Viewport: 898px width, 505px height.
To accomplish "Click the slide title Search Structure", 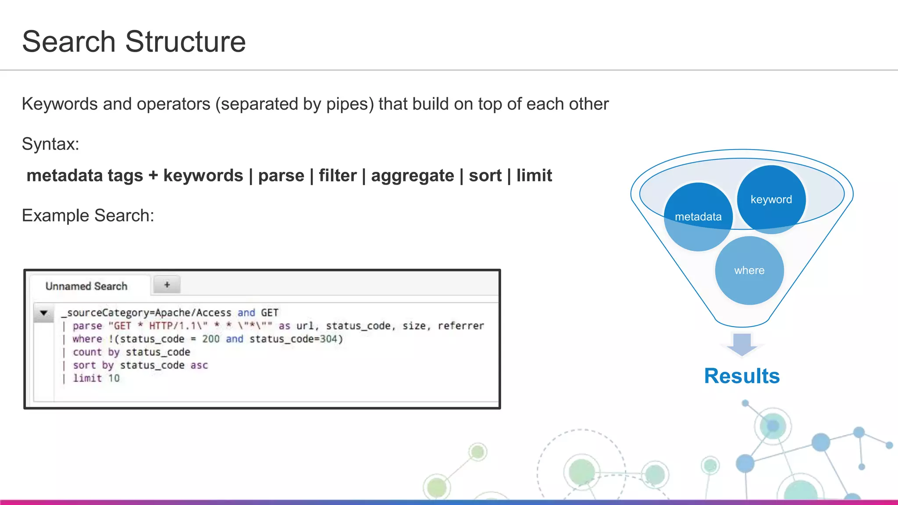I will click(x=134, y=42).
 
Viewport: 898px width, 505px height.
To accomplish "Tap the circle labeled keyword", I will click(x=771, y=199).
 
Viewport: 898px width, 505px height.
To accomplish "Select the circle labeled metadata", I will click(x=698, y=217).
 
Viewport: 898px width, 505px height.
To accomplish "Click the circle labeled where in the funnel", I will click(x=749, y=270).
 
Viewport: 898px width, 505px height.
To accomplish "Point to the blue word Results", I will click(x=742, y=376).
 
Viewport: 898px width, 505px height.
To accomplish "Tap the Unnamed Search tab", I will click(x=86, y=286).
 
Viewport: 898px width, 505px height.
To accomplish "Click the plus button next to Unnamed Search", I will click(x=167, y=285).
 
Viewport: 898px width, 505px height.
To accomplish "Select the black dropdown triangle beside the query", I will click(x=44, y=313).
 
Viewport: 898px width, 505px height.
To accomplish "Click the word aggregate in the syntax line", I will click(x=413, y=175).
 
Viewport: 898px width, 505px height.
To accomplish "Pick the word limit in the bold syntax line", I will click(x=534, y=175).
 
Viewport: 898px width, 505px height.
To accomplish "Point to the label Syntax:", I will click(x=50, y=144).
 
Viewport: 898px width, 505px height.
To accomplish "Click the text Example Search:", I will click(x=88, y=216).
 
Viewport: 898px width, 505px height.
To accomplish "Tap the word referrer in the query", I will click(x=461, y=326).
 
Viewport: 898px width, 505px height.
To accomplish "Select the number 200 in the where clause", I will click(x=211, y=339).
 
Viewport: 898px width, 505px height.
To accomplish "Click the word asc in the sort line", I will click(x=199, y=365).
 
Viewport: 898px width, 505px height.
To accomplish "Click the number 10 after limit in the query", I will click(x=114, y=378).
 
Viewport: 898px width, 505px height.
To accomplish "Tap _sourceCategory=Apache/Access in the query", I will click(x=146, y=313).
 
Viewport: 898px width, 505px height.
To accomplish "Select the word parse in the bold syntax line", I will click(x=281, y=175).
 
